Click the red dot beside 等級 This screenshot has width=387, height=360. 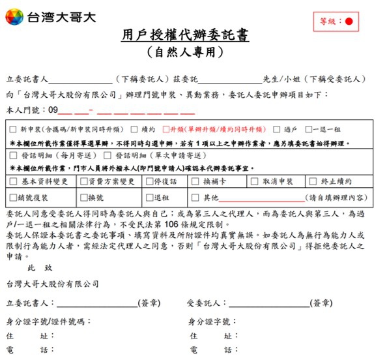click(348, 22)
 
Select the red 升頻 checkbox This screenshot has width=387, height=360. click(166, 130)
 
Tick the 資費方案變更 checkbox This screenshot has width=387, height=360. click(83, 181)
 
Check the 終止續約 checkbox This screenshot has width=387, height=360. click(312, 181)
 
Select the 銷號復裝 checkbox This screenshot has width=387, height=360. click(14, 197)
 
